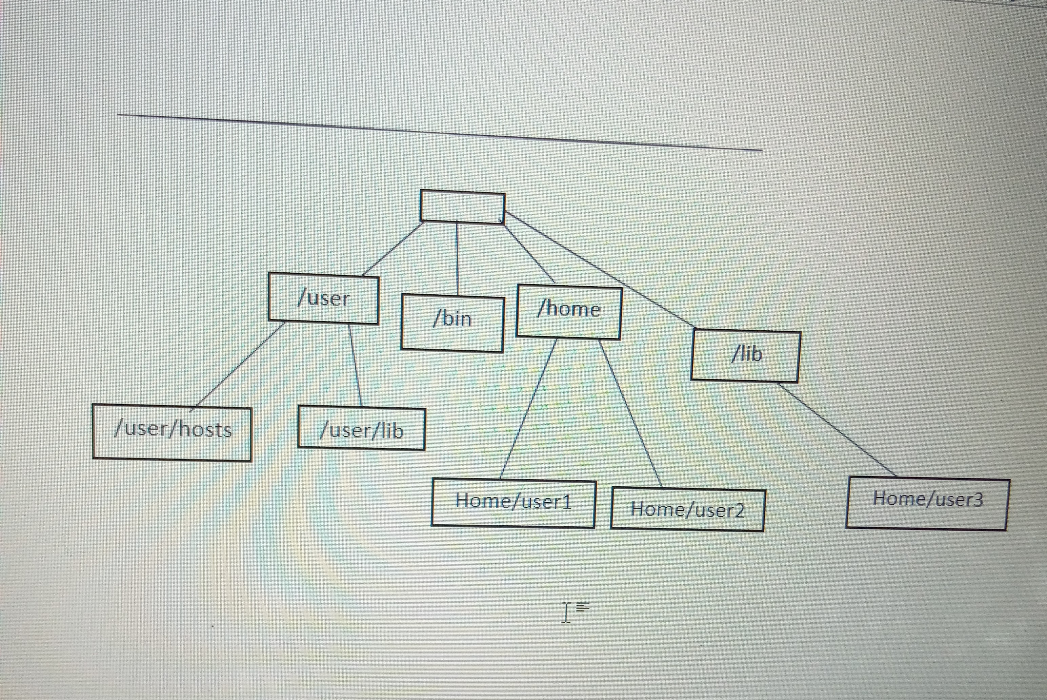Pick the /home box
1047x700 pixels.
pos(569,312)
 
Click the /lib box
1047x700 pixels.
pos(745,356)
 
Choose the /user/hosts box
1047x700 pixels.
pos(172,432)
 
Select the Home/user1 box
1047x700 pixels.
pos(513,503)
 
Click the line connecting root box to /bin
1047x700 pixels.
pos(457,259)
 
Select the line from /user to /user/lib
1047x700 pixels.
pos(355,364)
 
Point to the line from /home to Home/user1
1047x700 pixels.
pos(529,408)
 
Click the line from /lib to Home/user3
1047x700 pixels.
pos(837,429)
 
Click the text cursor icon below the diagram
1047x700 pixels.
pos(566,612)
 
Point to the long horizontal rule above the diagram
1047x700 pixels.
pos(439,133)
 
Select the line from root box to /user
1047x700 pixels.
pos(392,249)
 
